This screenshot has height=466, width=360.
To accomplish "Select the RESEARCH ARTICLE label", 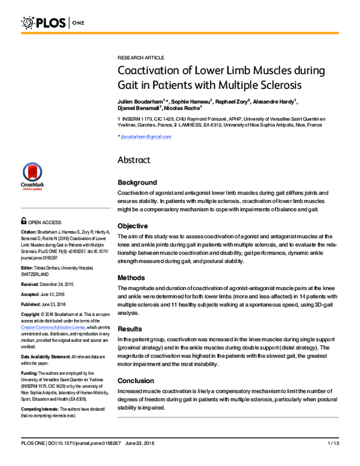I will (x=140, y=57).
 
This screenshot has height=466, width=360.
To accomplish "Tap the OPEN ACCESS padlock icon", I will (x=23, y=220).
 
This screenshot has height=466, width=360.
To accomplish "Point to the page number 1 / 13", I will (x=333, y=460).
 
